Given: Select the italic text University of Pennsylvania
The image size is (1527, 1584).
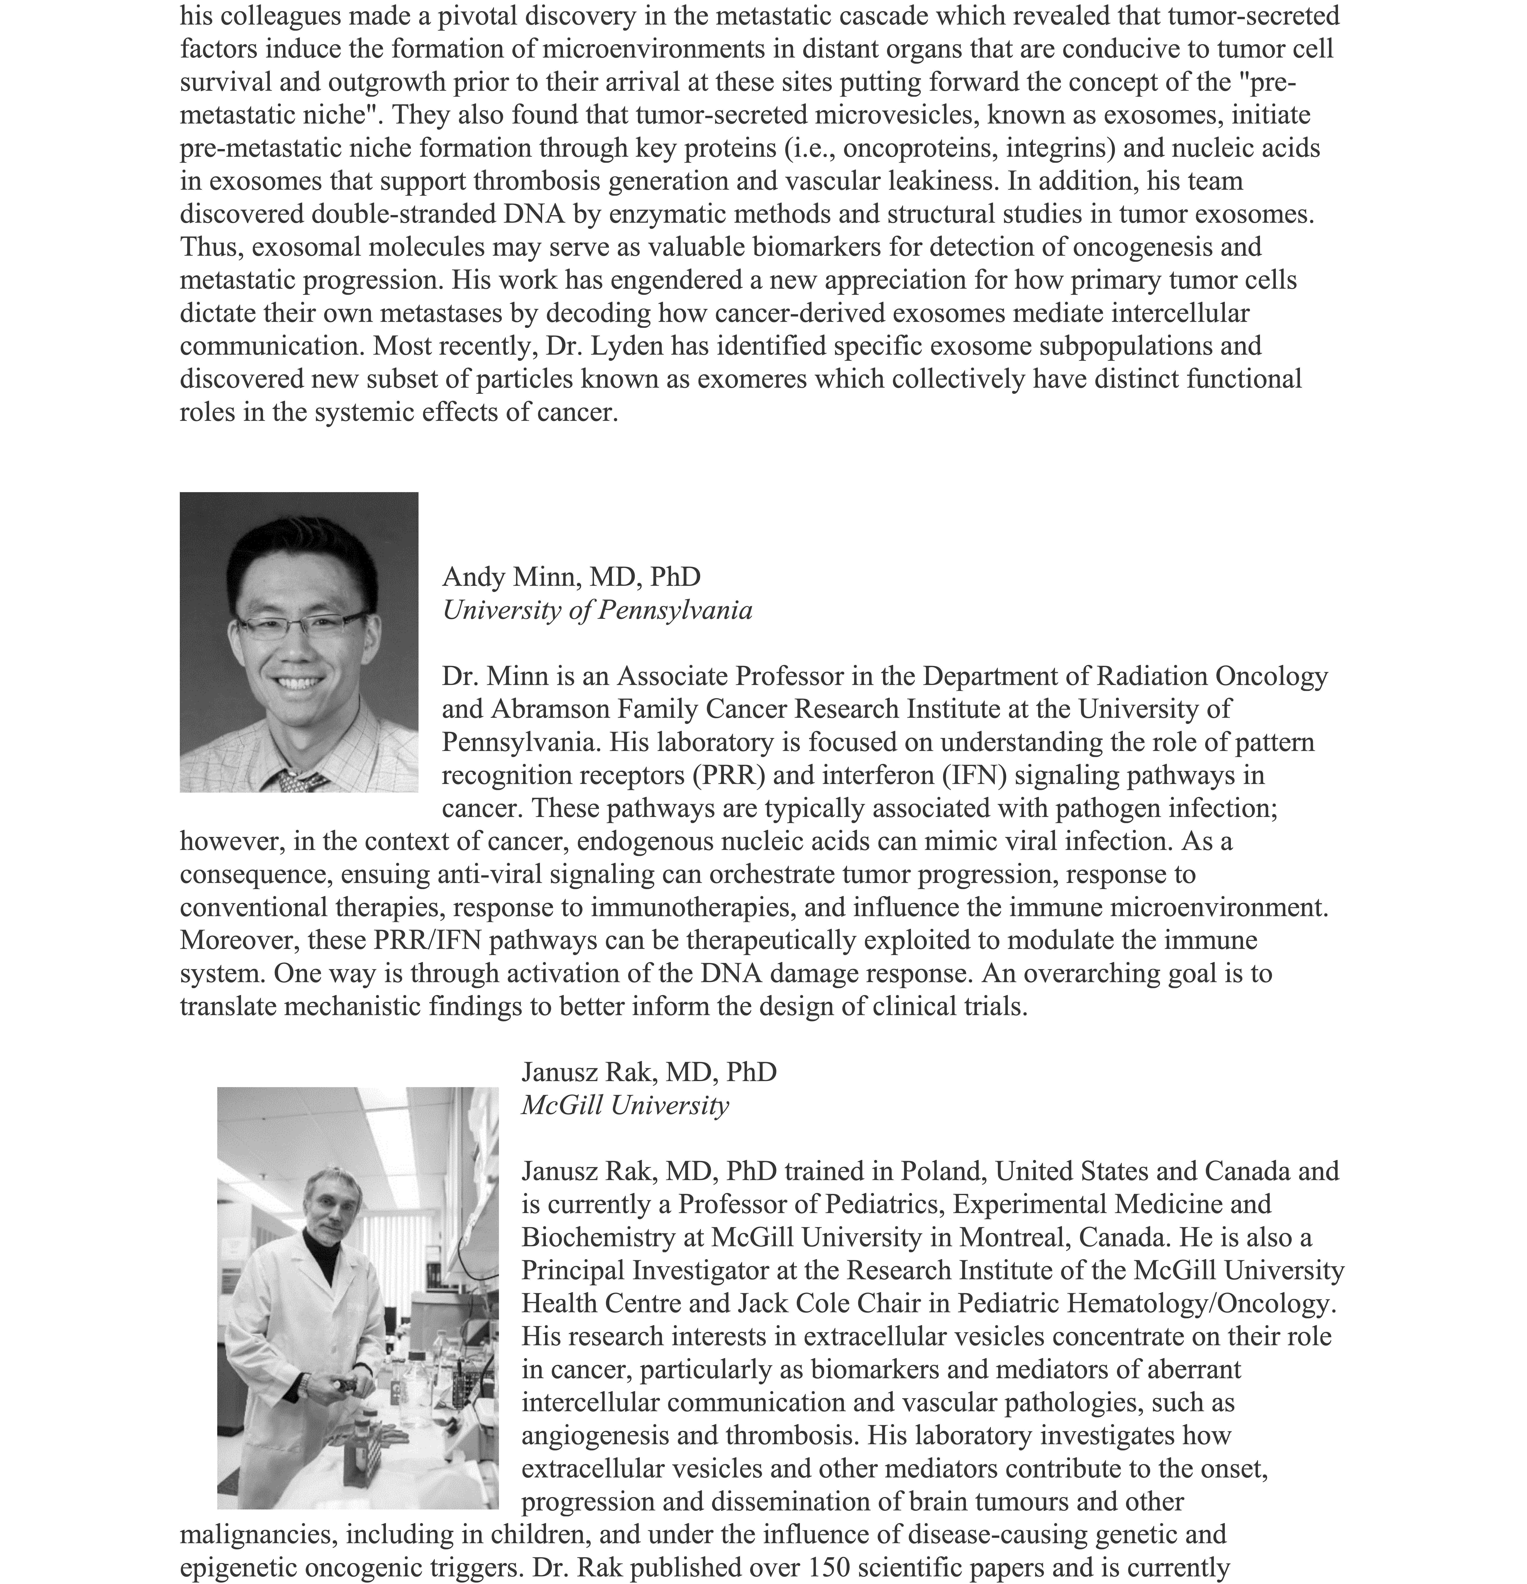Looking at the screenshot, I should tap(597, 610).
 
